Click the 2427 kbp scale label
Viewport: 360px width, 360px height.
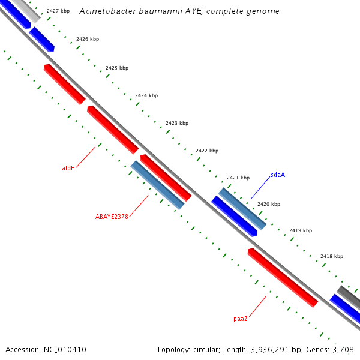click(58, 11)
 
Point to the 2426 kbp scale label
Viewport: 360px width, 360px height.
click(88, 40)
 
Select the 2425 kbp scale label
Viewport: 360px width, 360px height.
click(117, 68)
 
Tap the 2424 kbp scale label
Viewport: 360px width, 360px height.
click(146, 95)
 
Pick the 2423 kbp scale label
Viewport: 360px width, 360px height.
click(177, 123)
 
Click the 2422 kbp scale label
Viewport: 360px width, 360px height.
click(207, 151)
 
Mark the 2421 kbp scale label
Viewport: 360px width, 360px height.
click(238, 178)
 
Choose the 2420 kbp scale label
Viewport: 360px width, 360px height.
click(269, 204)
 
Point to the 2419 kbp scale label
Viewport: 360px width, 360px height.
click(301, 230)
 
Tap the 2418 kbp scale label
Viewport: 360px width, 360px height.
click(332, 256)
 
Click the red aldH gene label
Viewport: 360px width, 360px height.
click(68, 168)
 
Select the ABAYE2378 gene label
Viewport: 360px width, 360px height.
click(112, 217)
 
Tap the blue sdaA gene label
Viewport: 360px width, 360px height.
click(278, 175)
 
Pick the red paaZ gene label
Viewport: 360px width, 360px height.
click(241, 319)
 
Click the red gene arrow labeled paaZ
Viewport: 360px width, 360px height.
click(283, 278)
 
